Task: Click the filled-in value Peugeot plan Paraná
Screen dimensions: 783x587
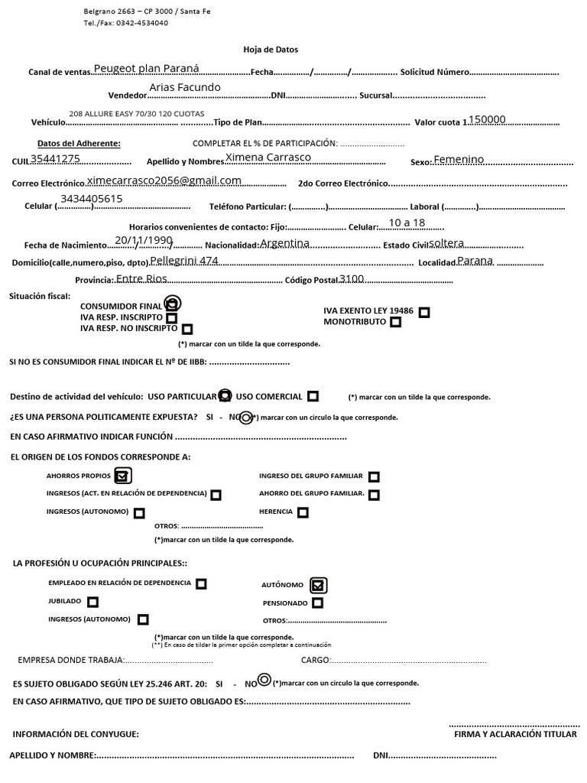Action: point(146,68)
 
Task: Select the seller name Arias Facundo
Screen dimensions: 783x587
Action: point(184,87)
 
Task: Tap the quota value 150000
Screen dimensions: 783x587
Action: point(487,119)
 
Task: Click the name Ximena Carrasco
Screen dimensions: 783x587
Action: point(268,157)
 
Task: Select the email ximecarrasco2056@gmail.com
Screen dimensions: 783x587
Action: point(164,180)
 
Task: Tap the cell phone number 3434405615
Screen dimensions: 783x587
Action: point(92,199)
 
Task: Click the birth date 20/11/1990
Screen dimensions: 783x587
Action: point(144,240)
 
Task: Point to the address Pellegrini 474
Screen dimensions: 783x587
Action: point(184,261)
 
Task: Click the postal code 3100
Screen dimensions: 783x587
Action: point(352,278)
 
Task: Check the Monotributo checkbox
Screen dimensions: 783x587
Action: point(395,323)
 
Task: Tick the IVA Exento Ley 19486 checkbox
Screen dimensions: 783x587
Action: point(424,312)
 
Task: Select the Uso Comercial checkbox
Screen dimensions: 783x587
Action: point(313,396)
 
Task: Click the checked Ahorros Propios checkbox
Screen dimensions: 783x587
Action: point(122,476)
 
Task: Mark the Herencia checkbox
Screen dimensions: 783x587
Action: point(303,512)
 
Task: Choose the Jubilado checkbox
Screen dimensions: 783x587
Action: point(92,602)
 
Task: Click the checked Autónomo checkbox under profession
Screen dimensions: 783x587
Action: point(319,585)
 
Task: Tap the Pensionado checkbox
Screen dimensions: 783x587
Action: point(317,603)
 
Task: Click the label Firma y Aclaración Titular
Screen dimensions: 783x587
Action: point(515,734)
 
